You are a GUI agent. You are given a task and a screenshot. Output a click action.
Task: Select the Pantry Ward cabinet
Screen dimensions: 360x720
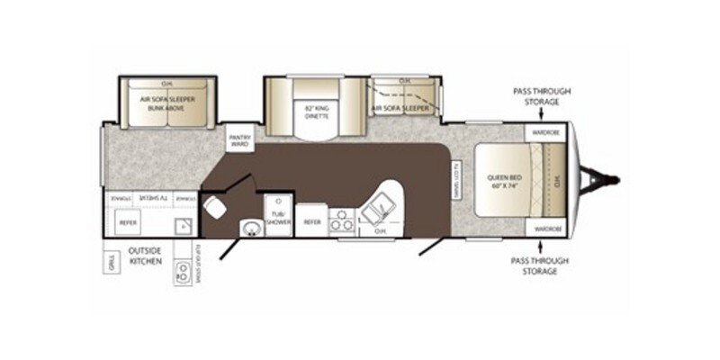(x=240, y=138)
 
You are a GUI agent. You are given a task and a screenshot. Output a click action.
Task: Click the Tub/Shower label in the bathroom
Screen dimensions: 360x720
(x=278, y=220)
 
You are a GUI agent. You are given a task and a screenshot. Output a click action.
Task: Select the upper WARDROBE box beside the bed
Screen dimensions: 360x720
(x=546, y=132)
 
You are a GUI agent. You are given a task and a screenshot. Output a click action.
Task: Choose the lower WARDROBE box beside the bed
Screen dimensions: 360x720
(x=546, y=229)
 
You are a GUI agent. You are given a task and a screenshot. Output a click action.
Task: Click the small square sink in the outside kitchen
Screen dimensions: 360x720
(x=184, y=224)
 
